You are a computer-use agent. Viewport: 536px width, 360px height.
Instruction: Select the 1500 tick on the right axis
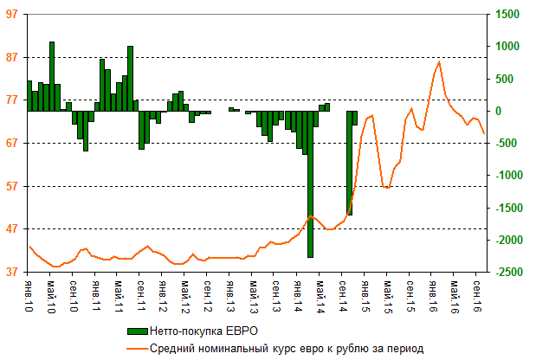click(x=508, y=14)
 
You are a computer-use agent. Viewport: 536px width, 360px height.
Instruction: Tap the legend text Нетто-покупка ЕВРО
click(x=203, y=331)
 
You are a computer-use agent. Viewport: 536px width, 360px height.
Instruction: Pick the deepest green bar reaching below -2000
click(x=310, y=183)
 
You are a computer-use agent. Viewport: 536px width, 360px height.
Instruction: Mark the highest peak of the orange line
click(x=439, y=61)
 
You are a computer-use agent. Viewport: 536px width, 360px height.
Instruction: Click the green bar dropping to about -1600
click(x=349, y=163)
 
